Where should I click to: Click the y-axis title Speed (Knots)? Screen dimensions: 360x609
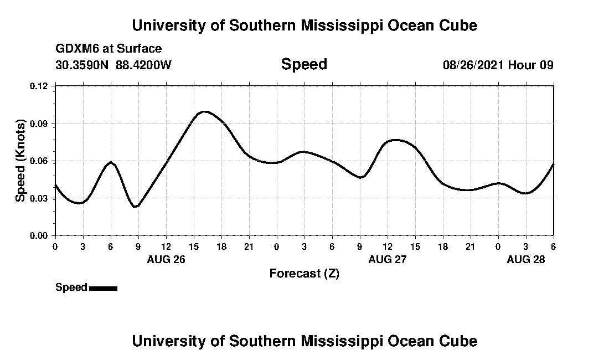tap(20, 161)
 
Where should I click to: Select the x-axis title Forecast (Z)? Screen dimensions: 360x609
tap(304, 273)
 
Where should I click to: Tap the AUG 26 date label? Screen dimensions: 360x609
tap(166, 259)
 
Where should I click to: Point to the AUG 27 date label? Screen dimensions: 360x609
tap(388, 259)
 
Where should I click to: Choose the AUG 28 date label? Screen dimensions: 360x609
tap(526, 259)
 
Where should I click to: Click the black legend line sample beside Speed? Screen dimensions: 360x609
tap(103, 288)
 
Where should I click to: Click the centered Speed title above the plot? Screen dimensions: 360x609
tap(304, 64)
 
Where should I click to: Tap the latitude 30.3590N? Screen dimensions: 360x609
tap(83, 65)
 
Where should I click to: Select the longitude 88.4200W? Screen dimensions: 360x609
tap(143, 65)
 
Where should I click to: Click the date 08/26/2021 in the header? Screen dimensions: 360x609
tap(473, 65)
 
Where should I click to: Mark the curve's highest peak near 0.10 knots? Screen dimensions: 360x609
tap(205, 111)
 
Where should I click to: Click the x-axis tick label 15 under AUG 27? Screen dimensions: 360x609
tap(415, 246)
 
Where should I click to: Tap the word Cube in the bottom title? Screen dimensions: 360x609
tap(461, 341)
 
